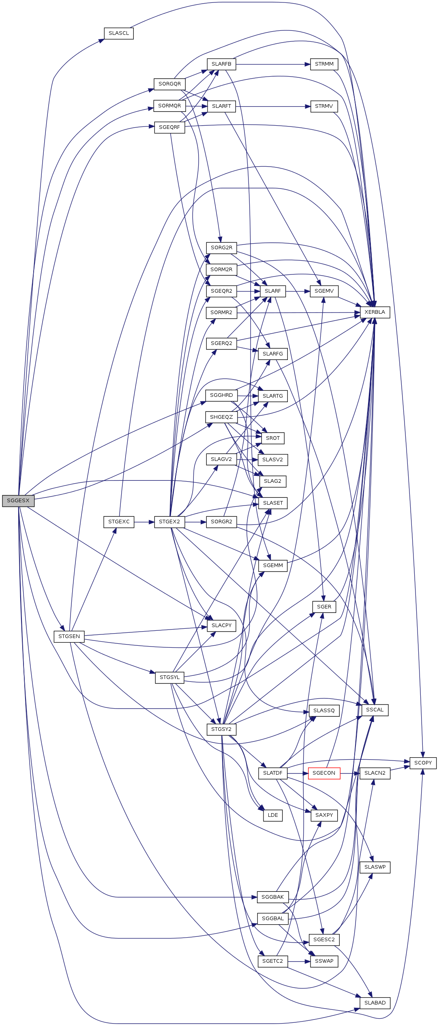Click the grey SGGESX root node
point(18,501)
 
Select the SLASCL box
point(119,33)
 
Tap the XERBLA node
point(375,312)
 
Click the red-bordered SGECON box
point(324,773)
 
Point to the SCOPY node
point(423,763)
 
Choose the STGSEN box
point(69,636)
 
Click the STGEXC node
point(119,522)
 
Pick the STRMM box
point(324,64)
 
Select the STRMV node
point(324,106)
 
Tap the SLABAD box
point(375,1002)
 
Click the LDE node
point(273,815)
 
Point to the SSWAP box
point(324,961)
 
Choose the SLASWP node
point(375,867)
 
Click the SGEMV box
point(324,291)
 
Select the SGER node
point(324,606)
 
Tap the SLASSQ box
point(324,710)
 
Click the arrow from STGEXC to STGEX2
point(144,522)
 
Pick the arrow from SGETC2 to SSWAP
point(299,961)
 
